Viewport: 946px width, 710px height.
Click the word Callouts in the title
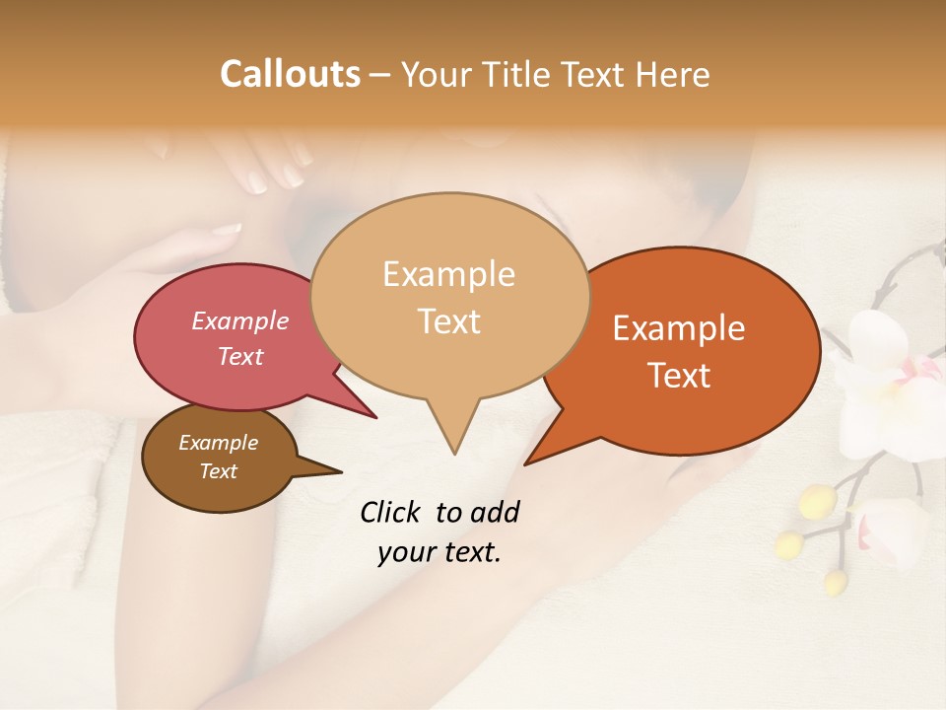(290, 74)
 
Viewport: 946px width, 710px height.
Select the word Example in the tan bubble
(448, 274)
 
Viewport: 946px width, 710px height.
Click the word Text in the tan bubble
(448, 321)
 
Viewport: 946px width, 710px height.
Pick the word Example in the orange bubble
(679, 328)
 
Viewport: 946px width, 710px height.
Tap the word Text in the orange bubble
(679, 376)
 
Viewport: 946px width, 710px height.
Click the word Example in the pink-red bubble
(240, 320)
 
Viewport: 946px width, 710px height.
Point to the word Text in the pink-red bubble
(240, 356)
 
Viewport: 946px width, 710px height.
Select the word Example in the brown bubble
(218, 443)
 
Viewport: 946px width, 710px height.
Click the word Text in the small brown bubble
(218, 471)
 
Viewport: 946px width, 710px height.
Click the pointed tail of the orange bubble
(537, 455)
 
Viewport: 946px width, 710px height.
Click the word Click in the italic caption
(391, 512)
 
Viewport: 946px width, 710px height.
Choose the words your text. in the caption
(439, 552)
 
